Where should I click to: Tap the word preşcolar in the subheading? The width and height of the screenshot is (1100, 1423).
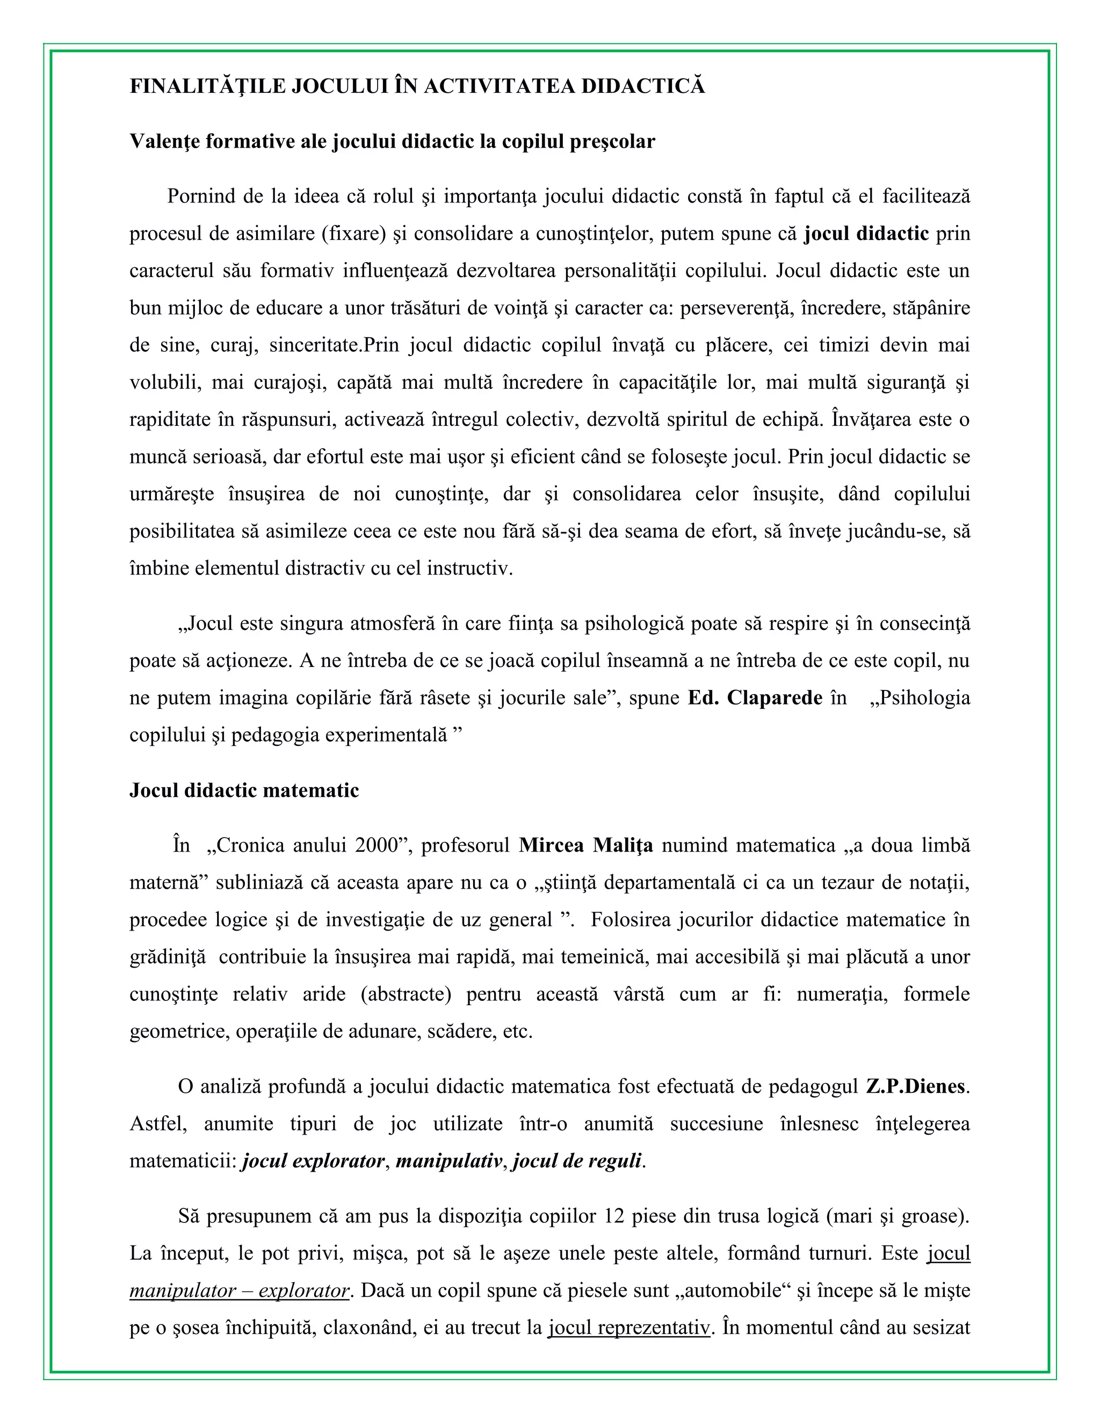click(x=612, y=141)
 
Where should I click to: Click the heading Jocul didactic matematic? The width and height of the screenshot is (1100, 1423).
click(x=244, y=790)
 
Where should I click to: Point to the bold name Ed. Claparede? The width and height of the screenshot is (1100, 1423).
click(x=755, y=698)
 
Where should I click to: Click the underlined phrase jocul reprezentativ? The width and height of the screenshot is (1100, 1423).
click(x=628, y=1327)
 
